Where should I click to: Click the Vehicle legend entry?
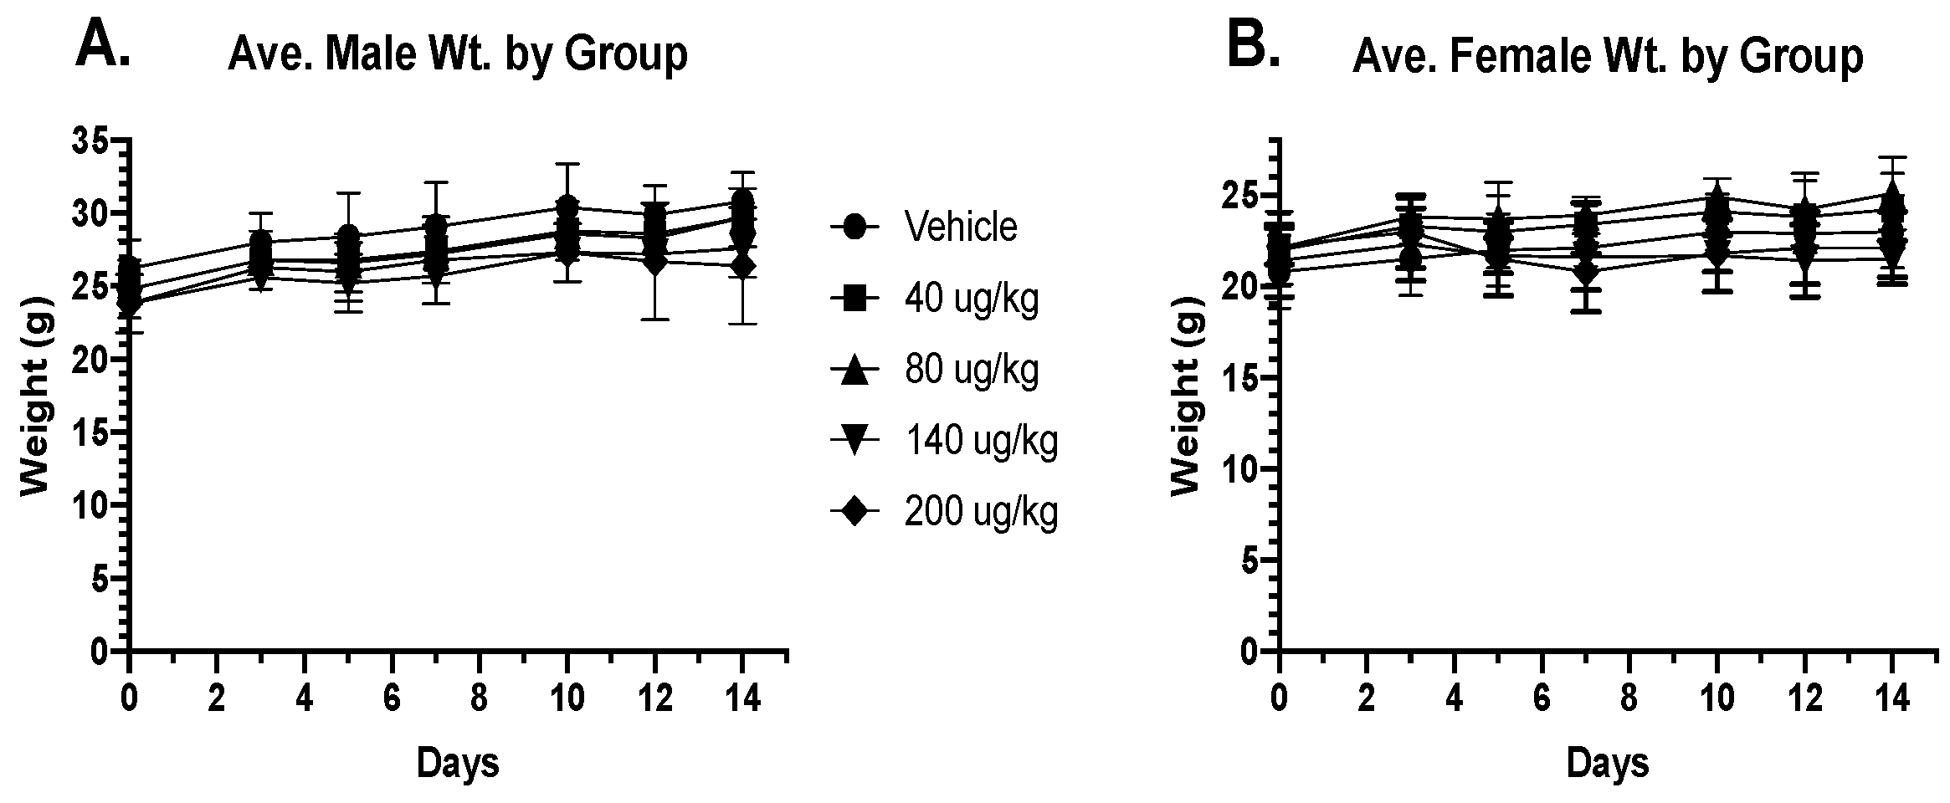pyautogui.click(x=960, y=227)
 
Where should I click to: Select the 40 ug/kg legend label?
pyautogui.click(x=971, y=298)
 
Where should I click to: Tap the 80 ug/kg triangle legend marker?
pyautogui.click(x=854, y=369)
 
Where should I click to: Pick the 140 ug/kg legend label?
pyautogui.click(x=981, y=440)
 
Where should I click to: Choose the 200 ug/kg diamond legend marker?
pyautogui.click(x=854, y=511)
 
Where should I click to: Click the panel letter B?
pyautogui.click(x=1253, y=45)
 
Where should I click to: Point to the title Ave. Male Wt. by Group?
pyautogui.click(x=457, y=55)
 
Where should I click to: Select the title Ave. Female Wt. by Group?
pyautogui.click(x=1607, y=57)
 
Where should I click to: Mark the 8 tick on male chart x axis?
pyautogui.click(x=479, y=696)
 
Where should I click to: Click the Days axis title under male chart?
pyautogui.click(x=458, y=763)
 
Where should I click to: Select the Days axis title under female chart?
pyautogui.click(x=1608, y=763)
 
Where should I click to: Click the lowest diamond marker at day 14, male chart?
pyautogui.click(x=741, y=266)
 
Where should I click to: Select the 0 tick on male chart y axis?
pyautogui.click(x=99, y=652)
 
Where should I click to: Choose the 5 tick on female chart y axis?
pyautogui.click(x=1250, y=560)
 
